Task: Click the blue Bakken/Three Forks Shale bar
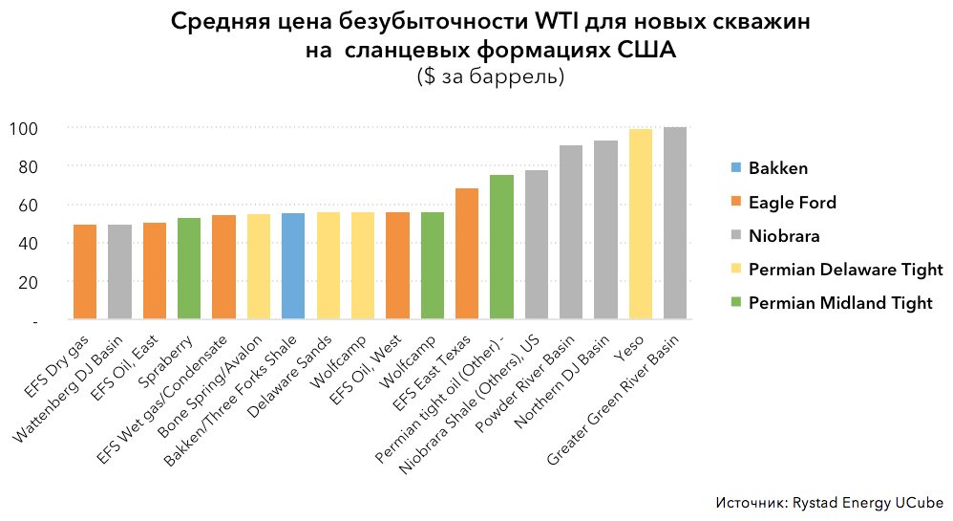point(293,267)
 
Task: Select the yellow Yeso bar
point(641,225)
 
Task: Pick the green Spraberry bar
point(189,269)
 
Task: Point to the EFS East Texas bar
point(467,253)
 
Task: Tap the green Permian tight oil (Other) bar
point(501,247)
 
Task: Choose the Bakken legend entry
point(777,168)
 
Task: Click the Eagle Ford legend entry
point(792,203)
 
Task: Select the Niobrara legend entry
point(784,236)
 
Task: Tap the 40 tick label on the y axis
point(28,244)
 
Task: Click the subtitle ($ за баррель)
point(490,76)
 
